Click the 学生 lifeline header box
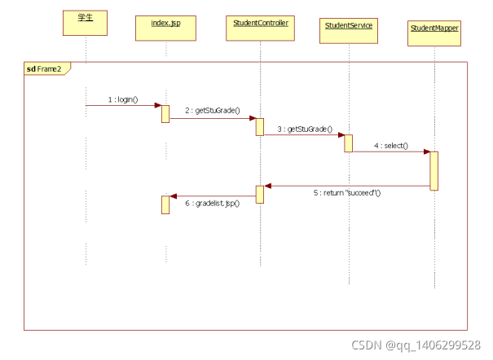click(x=86, y=22)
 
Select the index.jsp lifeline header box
click(x=165, y=27)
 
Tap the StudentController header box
click(x=260, y=27)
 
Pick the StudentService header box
click(x=348, y=30)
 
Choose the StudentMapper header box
click(x=434, y=33)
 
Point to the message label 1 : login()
click(x=123, y=99)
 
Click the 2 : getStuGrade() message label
click(x=212, y=110)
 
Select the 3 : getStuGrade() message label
click(x=304, y=129)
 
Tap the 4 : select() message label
click(x=391, y=146)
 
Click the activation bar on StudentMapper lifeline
click(x=434, y=170)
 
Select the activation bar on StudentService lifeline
click(x=348, y=143)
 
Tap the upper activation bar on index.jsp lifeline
click(x=165, y=113)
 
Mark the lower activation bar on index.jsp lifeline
click(x=165, y=204)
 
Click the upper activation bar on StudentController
click(x=260, y=126)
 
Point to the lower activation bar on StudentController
click(x=260, y=195)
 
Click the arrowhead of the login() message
click(x=157, y=105)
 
